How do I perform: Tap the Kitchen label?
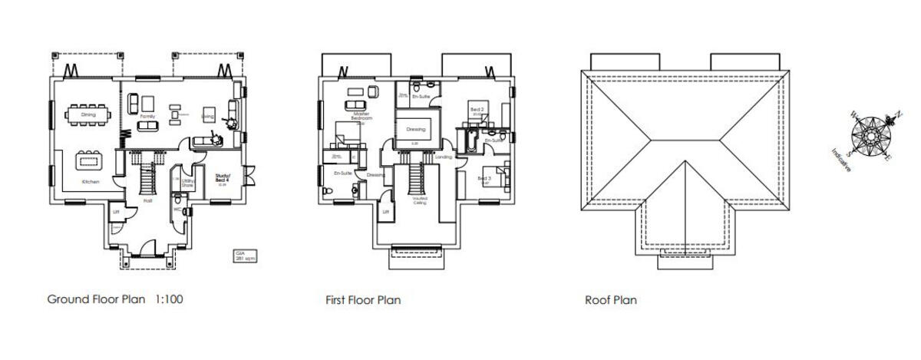(91, 182)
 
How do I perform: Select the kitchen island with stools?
(90, 162)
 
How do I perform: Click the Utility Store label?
(187, 183)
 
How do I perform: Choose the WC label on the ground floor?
(176, 209)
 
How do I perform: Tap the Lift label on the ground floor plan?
(115, 211)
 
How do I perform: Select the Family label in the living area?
(147, 115)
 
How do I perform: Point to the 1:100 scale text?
(169, 299)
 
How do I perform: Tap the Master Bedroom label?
(361, 117)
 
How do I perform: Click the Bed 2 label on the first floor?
(476, 111)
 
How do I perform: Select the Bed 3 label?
(484, 178)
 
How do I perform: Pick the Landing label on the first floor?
(443, 157)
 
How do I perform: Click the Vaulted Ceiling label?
(419, 200)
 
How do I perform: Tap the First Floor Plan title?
(363, 300)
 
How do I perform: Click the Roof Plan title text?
(610, 300)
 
